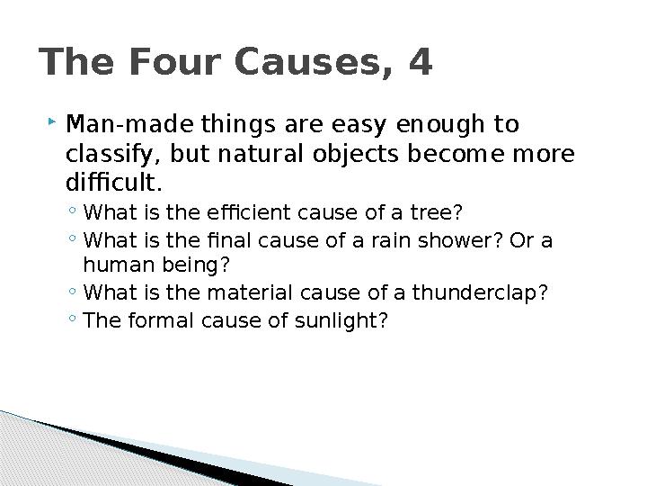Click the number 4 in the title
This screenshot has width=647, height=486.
pos(421,61)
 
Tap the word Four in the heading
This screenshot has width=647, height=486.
pos(175,61)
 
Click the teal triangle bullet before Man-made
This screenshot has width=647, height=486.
pos(51,121)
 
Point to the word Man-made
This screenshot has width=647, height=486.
pos(129,124)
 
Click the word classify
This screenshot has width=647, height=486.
pos(110,155)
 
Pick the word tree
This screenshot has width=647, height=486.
pos(436,212)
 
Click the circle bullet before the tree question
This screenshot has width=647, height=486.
pos(72,210)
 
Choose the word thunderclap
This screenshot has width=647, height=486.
pos(480,292)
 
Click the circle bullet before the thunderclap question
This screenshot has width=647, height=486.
pos(72,291)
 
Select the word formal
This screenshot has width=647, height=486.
pos(161,320)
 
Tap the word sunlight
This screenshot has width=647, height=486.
pos(341,320)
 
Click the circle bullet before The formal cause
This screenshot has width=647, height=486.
pos(72,319)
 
